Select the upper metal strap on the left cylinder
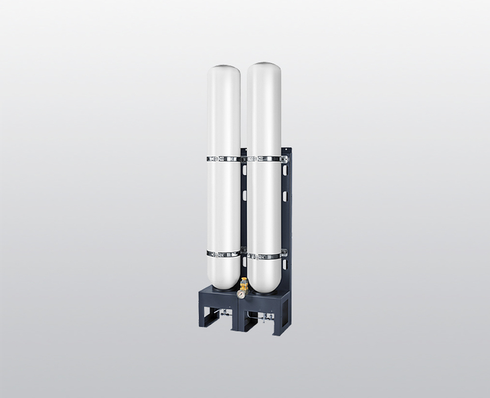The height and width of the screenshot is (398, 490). (224, 159)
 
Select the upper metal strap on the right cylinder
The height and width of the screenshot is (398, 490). (265, 159)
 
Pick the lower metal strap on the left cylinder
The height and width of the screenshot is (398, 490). (223, 253)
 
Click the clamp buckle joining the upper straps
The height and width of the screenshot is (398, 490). (244, 159)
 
